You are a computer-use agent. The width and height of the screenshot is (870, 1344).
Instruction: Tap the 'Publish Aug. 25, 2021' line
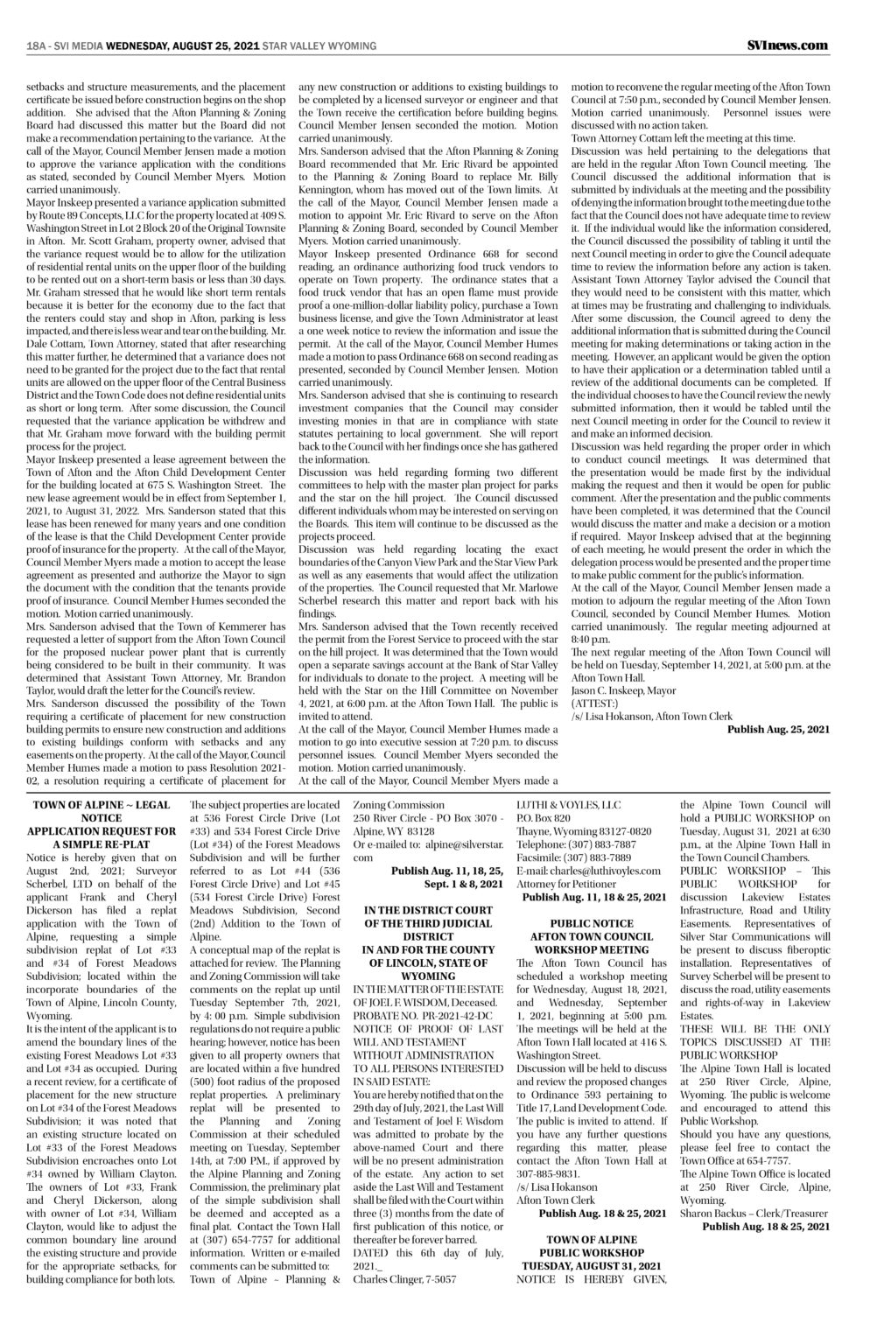[x=777, y=729]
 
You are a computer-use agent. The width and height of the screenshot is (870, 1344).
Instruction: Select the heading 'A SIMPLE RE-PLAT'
[x=102, y=844]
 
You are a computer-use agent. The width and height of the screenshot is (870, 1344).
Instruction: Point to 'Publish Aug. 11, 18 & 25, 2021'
[x=593, y=898]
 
